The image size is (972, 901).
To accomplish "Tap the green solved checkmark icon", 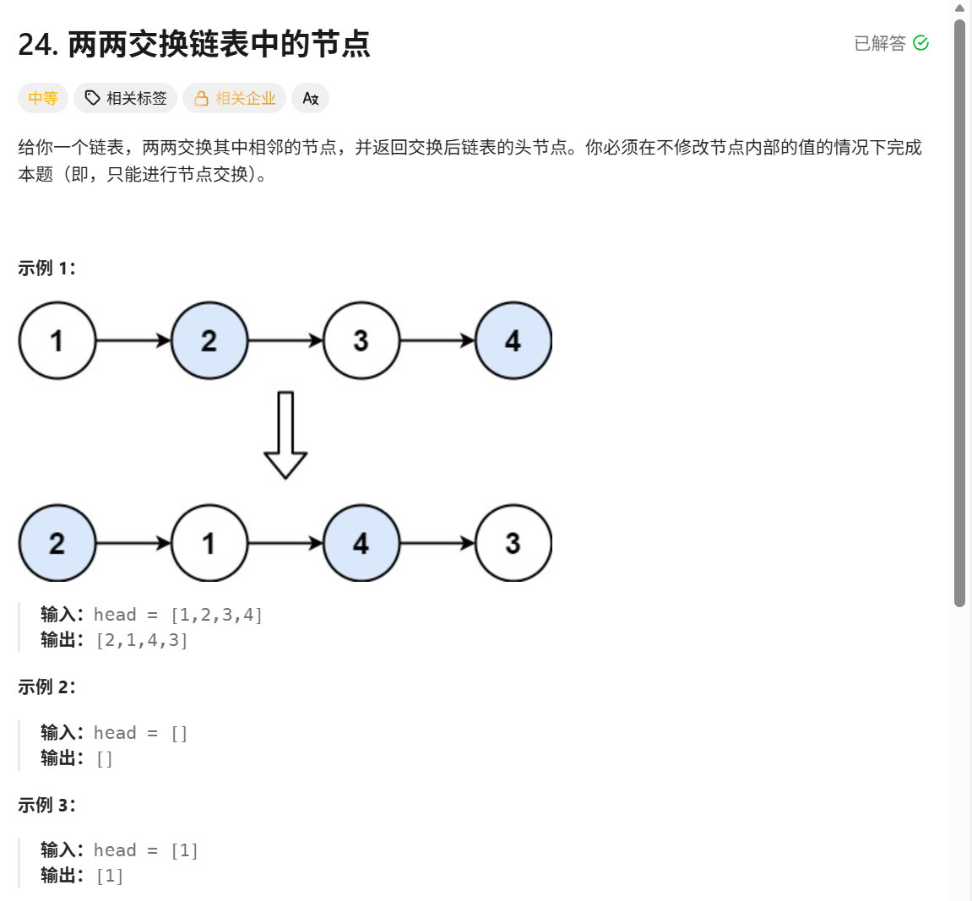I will click(x=921, y=43).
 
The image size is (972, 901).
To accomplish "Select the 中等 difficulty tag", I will click(x=42, y=98).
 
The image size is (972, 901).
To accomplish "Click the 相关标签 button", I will click(x=125, y=98).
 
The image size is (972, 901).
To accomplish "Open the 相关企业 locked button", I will click(x=235, y=98).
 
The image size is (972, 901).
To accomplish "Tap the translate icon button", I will click(x=310, y=98).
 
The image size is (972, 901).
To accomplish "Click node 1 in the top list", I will click(x=57, y=340).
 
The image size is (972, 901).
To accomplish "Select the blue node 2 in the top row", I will click(x=209, y=340).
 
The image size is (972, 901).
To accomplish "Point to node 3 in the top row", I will click(x=361, y=340).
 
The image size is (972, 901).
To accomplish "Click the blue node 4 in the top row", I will click(x=513, y=340).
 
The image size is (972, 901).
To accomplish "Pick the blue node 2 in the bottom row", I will click(x=57, y=543).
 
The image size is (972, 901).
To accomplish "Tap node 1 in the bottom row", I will click(x=209, y=543).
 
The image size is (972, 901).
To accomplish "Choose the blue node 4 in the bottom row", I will click(x=361, y=543).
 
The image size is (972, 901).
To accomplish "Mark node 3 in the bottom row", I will click(x=513, y=543).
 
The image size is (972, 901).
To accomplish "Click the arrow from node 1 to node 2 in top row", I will click(x=133, y=340).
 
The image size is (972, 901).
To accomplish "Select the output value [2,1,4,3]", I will click(x=142, y=640).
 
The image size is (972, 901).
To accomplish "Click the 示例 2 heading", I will click(x=46, y=687).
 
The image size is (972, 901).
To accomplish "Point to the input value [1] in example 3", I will click(x=184, y=850).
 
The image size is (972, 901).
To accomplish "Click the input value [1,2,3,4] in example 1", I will click(x=216, y=615).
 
